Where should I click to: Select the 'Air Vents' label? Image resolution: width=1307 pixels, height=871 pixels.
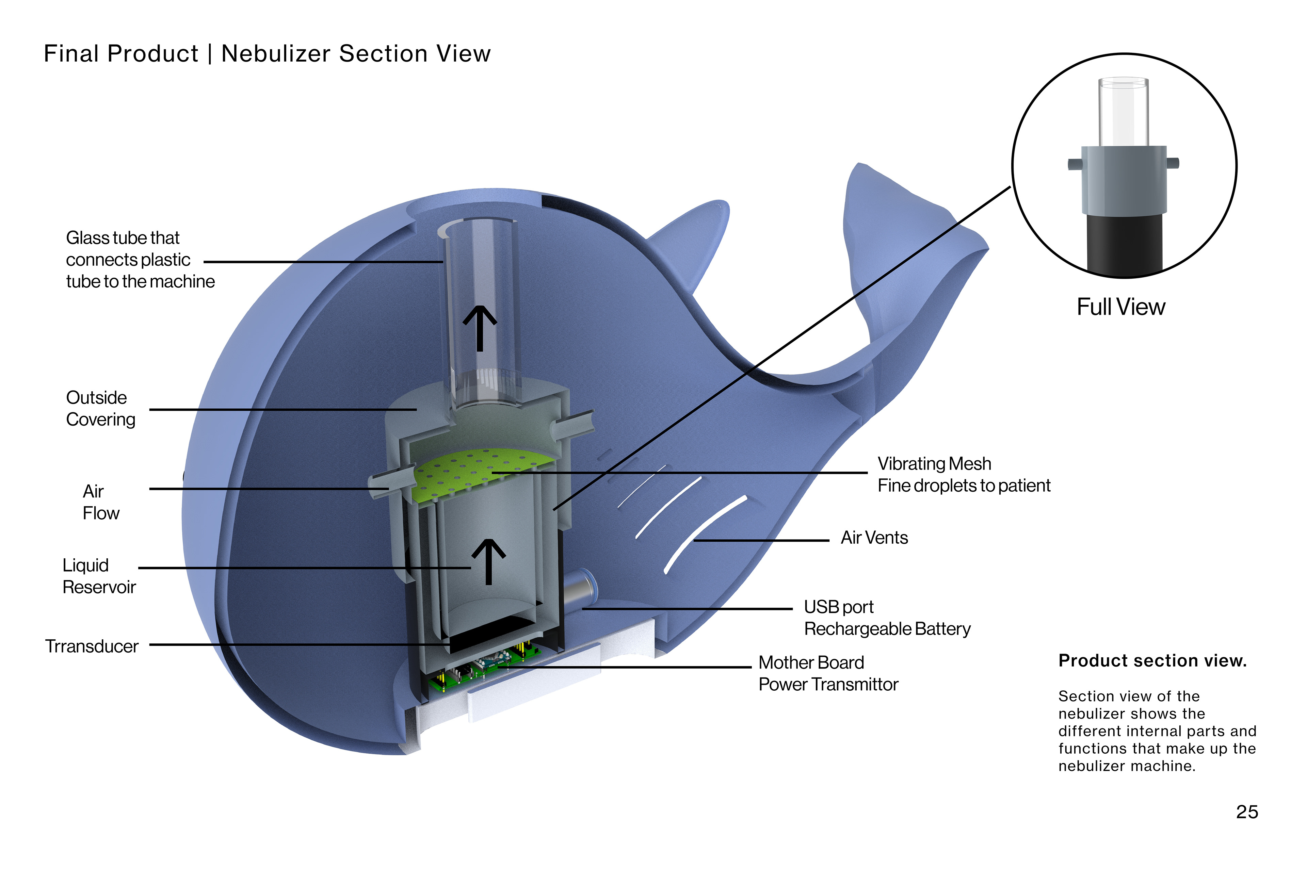pos(874,538)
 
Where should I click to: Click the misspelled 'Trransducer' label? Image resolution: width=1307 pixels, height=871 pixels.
pos(92,646)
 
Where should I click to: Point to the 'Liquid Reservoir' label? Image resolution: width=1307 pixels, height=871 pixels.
pos(99,576)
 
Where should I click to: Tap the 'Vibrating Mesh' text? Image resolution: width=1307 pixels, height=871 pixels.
pos(934,464)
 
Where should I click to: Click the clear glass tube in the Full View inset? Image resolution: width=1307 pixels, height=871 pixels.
pos(1123,111)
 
